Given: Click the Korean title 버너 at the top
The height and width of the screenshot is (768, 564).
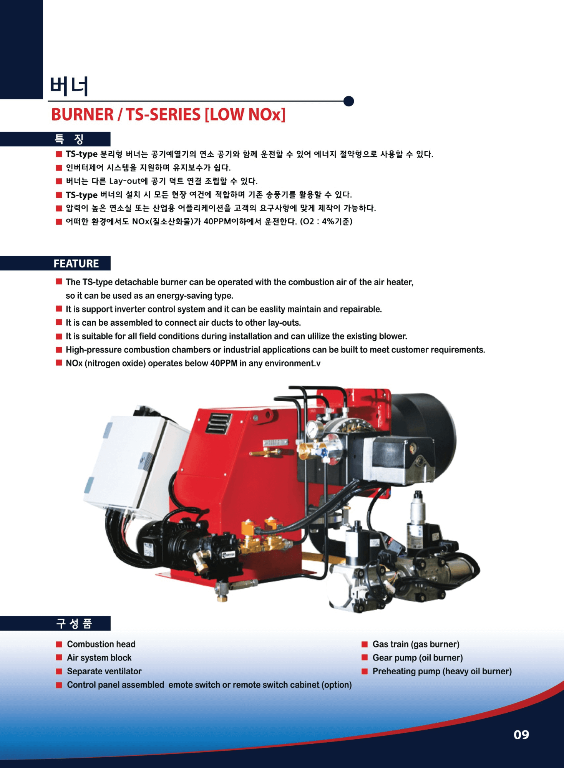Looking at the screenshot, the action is coord(69,86).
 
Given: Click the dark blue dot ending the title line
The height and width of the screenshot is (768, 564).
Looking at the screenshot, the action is coord(348,101).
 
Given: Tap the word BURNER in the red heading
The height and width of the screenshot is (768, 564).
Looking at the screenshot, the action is coord(83,114).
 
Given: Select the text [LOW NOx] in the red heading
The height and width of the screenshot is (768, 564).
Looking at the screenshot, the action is coord(245,114).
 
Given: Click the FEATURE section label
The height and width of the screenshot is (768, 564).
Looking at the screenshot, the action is coord(76,263).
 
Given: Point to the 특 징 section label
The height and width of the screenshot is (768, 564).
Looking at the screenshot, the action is coord(69,139).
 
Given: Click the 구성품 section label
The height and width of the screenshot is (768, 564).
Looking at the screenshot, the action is coord(74,623).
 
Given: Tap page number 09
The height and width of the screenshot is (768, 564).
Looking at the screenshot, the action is coord(521,735).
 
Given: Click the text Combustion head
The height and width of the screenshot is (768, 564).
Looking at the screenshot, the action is coord(101,644).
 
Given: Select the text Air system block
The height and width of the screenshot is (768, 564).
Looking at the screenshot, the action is coord(99,658).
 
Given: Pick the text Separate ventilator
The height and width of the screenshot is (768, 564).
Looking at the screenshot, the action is coord(104,671).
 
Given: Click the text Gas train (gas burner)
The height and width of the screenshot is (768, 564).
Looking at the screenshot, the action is coord(416,644).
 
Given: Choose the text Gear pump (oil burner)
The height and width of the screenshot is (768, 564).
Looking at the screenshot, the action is coord(418,658).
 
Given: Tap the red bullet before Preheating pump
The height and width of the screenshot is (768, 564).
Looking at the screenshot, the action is coord(365,671).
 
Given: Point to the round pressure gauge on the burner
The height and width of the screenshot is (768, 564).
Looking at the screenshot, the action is coord(315,429).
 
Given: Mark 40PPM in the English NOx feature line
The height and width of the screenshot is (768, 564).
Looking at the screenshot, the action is coord(224,363).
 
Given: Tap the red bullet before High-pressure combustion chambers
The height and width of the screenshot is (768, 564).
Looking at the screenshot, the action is coord(59,349).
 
